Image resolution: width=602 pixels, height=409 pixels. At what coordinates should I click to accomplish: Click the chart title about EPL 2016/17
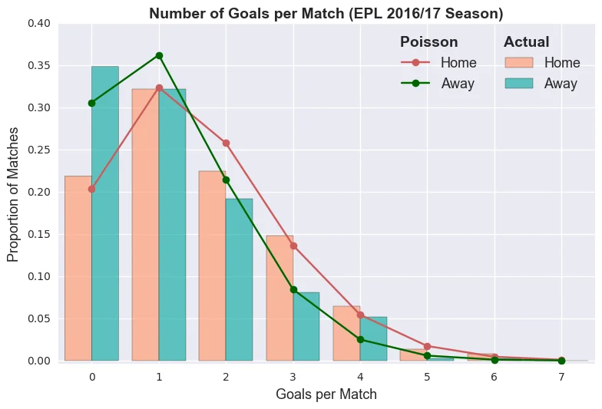(x=326, y=13)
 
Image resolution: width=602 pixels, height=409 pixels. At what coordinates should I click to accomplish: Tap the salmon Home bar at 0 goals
(x=78, y=268)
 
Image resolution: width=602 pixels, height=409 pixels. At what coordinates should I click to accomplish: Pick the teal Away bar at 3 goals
(x=306, y=326)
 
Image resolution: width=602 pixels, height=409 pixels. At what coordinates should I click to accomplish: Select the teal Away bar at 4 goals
(x=373, y=338)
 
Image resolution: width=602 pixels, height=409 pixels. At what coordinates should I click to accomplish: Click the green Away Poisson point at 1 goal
(x=159, y=55)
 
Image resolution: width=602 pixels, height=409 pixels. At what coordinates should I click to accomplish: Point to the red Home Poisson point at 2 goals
(x=226, y=143)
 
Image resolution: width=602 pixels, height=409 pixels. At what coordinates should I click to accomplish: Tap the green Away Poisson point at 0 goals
(x=92, y=103)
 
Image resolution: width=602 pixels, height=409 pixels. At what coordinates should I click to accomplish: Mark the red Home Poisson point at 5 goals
(x=427, y=346)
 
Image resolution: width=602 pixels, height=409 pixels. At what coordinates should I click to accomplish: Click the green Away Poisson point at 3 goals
(x=293, y=289)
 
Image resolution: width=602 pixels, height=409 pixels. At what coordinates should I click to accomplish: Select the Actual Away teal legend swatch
(x=519, y=84)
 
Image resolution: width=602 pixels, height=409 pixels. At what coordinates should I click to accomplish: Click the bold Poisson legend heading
(x=428, y=42)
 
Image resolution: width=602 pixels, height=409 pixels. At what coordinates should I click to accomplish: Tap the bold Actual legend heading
(x=526, y=42)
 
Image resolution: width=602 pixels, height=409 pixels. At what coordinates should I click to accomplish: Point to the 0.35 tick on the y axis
(x=39, y=66)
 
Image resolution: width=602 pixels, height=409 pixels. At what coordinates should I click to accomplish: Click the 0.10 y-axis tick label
(x=39, y=276)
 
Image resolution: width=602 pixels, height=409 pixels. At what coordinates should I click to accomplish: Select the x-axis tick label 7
(x=561, y=377)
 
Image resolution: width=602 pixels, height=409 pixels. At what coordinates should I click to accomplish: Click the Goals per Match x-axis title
(x=326, y=394)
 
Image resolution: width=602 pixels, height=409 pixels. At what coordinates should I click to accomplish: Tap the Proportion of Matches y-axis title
(x=13, y=193)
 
